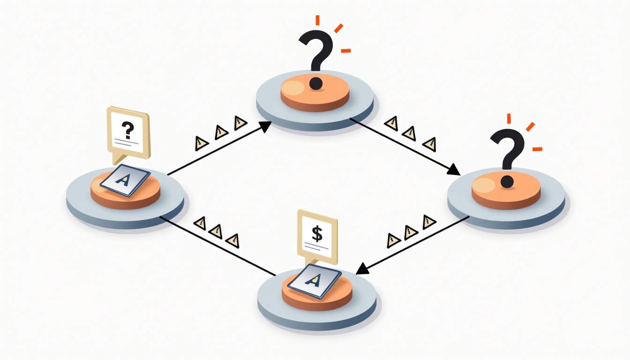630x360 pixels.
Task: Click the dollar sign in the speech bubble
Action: pyautogui.click(x=317, y=233)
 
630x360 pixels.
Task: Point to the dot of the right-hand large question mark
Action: pyautogui.click(x=506, y=181)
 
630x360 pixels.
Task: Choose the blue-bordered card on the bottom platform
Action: pyautogui.click(x=314, y=280)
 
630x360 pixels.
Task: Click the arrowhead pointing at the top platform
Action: pyautogui.click(x=265, y=125)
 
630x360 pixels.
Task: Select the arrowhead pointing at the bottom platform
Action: pyautogui.click(x=362, y=269)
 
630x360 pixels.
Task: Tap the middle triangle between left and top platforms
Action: pyautogui.click(x=221, y=133)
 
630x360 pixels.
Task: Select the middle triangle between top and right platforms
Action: pyautogui.click(x=409, y=133)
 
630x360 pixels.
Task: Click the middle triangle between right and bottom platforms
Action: pyautogui.click(x=410, y=231)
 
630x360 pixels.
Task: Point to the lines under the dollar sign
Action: pyautogui.click(x=317, y=246)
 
